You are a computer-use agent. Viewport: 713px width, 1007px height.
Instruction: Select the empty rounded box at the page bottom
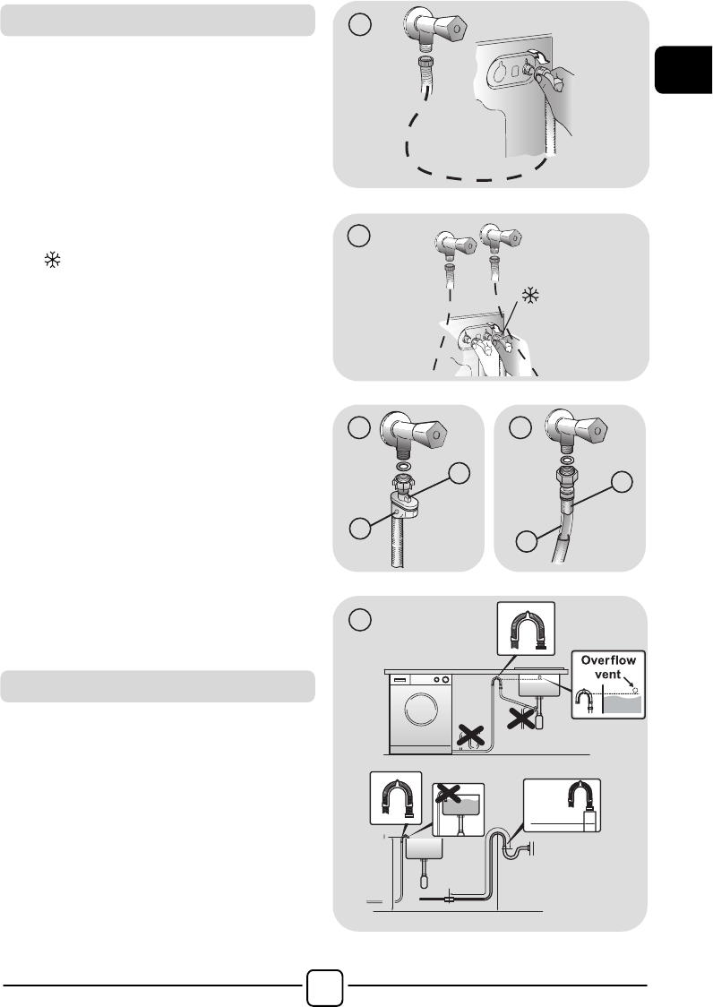pos(325,986)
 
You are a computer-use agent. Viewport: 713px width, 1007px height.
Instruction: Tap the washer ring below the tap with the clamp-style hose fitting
pos(405,467)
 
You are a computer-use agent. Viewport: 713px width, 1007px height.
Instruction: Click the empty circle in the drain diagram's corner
pos(360,619)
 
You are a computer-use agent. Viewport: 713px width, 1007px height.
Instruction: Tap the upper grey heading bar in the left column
pos(158,20)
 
